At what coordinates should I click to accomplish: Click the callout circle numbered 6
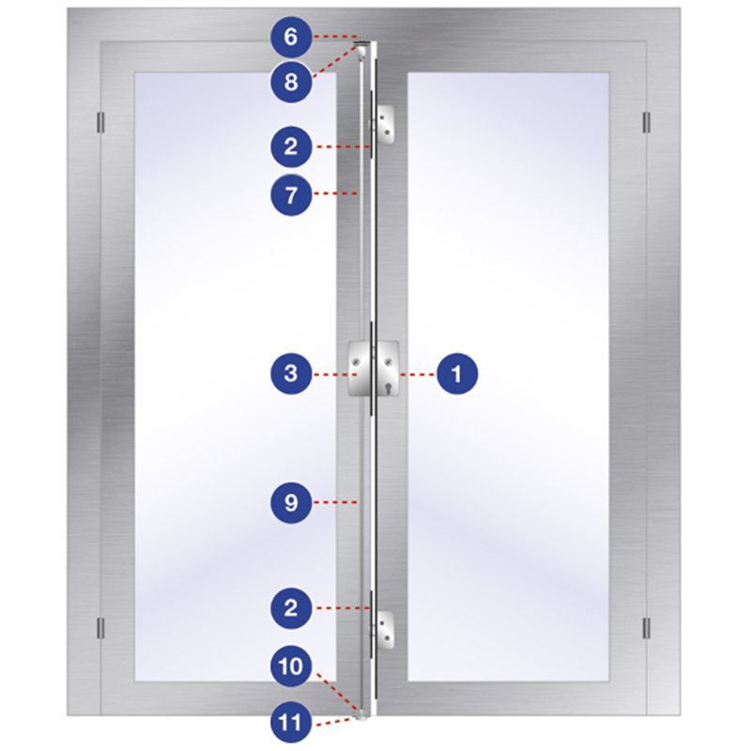291,37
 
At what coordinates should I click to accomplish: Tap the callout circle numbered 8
291,82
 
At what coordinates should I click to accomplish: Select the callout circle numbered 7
291,195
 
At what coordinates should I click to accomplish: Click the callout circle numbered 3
291,374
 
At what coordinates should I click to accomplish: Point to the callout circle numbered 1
457,374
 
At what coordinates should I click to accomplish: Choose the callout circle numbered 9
291,502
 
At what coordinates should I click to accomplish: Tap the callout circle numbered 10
291,667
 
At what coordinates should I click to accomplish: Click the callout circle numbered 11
291,722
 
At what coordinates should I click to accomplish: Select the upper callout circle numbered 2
291,146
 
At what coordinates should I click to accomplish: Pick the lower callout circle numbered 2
291,608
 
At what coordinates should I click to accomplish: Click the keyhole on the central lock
388,388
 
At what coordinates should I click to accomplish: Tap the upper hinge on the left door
100,123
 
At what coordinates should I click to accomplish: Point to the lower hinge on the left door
100,628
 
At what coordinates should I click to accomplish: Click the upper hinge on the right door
646,123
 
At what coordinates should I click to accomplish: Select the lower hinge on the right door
646,628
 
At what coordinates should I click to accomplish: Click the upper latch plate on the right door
386,125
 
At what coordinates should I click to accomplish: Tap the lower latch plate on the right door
386,630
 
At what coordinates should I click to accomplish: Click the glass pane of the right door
508,376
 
